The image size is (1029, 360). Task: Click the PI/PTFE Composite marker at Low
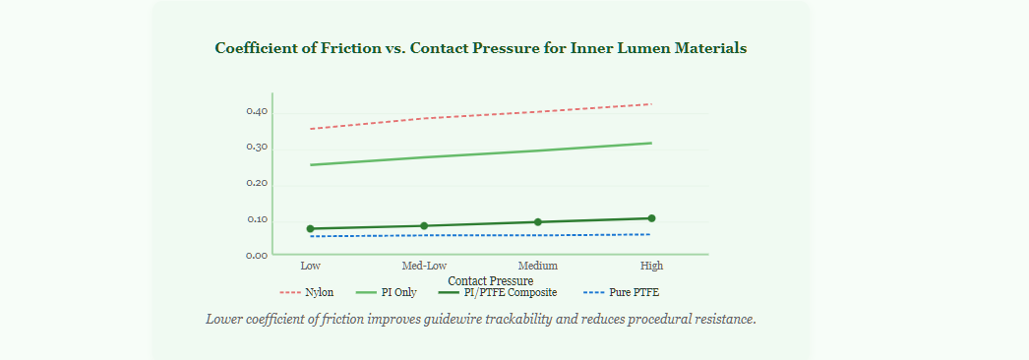(311, 229)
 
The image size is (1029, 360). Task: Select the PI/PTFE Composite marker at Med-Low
(424, 225)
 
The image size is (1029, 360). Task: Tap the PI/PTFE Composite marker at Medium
(538, 221)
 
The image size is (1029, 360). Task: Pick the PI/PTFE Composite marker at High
(651, 218)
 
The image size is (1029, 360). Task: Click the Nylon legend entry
(307, 292)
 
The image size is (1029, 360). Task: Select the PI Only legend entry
(386, 292)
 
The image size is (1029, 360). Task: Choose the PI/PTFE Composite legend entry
(498, 292)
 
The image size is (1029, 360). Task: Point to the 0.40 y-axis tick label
(257, 111)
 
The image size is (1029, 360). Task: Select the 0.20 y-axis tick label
(257, 184)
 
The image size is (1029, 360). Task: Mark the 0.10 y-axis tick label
(257, 220)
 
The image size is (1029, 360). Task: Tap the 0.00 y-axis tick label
(257, 256)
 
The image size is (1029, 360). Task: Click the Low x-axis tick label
(311, 266)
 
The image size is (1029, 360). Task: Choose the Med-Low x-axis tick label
(424, 266)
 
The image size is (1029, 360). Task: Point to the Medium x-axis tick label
(538, 266)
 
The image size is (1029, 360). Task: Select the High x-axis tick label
(651, 266)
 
